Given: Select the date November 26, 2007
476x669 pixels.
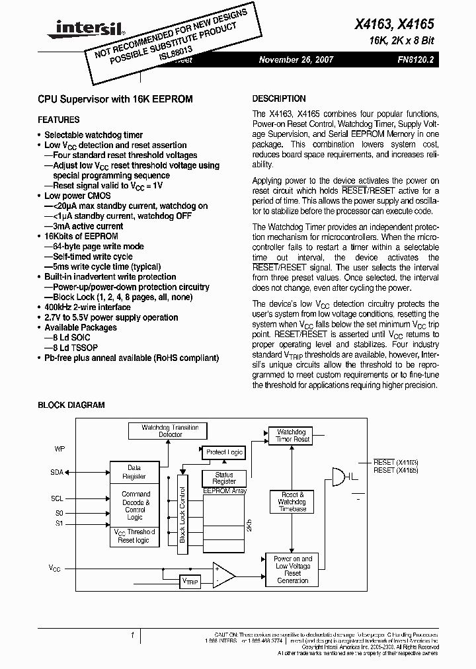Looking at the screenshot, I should (296, 59).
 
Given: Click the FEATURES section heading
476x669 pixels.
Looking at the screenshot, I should (59, 120).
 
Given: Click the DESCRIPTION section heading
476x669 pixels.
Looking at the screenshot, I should (279, 98).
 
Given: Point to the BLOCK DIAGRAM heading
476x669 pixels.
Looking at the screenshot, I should (71, 405).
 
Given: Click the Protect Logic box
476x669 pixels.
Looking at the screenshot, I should (224, 452).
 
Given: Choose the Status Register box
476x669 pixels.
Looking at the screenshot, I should (224, 478).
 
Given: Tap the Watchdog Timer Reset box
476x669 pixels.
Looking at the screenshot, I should (292, 436).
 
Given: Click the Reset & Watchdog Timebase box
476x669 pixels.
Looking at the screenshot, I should (292, 502).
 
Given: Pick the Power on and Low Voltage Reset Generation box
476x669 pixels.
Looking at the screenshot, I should (292, 569).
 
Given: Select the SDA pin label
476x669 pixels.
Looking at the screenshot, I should (57, 473).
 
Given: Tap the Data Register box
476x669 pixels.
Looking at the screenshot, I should (134, 471).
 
